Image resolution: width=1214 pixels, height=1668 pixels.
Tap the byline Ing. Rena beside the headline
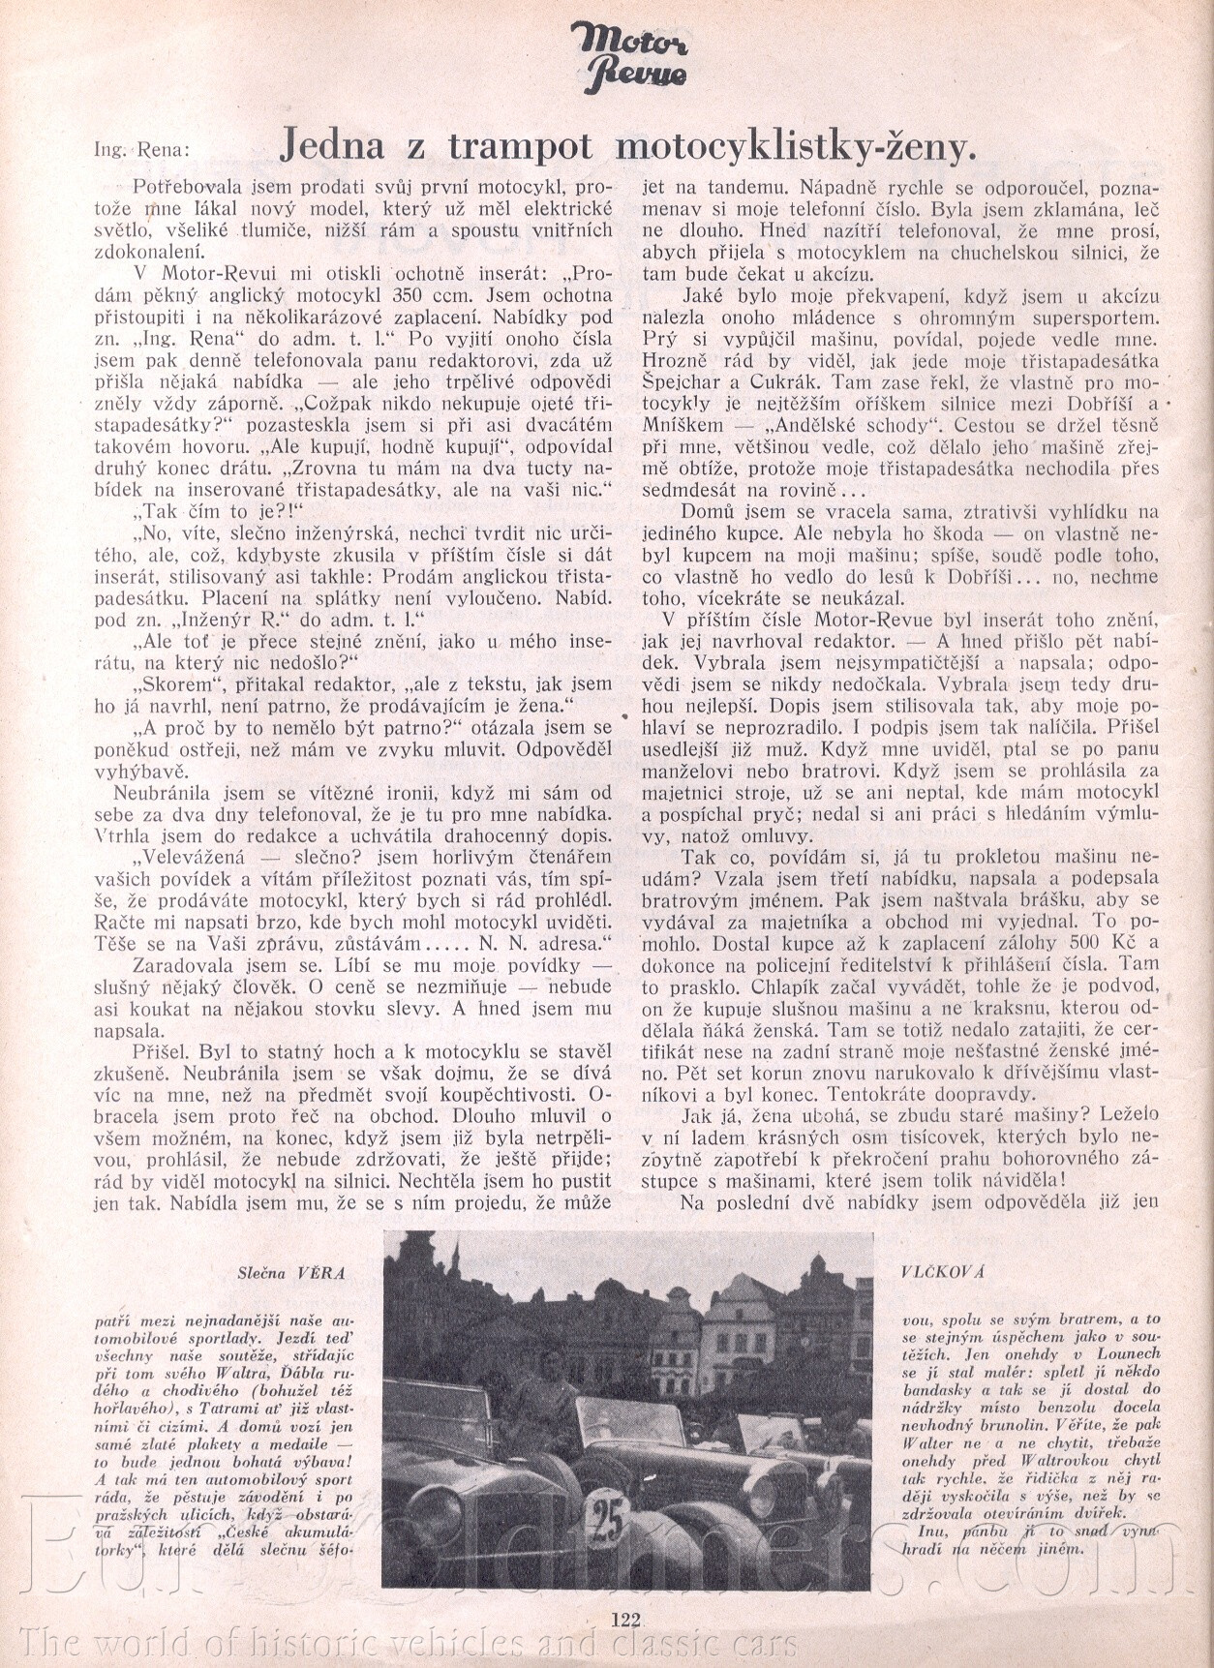142,150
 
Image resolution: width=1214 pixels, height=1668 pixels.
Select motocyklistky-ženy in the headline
794,146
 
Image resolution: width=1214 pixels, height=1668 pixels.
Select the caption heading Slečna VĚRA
290,1273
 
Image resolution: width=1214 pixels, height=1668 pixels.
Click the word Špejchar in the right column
679,382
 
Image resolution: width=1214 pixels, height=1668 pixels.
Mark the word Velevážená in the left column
189,857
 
